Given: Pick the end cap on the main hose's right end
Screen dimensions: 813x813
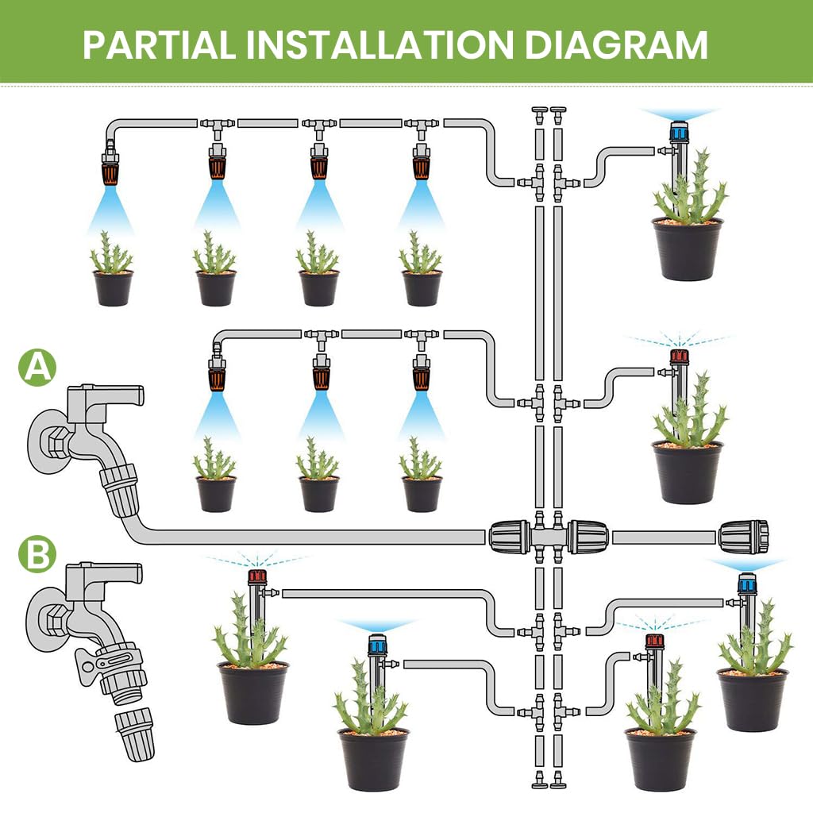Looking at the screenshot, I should tap(744, 537).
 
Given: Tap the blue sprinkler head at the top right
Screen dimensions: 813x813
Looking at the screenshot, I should tap(679, 131).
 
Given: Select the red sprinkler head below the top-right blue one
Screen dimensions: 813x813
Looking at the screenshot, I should tap(679, 356).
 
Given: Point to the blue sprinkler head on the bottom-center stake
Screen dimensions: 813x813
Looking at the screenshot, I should tap(378, 643).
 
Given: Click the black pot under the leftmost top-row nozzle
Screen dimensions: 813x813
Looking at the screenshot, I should tap(112, 287).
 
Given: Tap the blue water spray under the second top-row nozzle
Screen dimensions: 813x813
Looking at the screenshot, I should tap(216, 208).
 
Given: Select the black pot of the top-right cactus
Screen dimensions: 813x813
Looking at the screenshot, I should tap(688, 249).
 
